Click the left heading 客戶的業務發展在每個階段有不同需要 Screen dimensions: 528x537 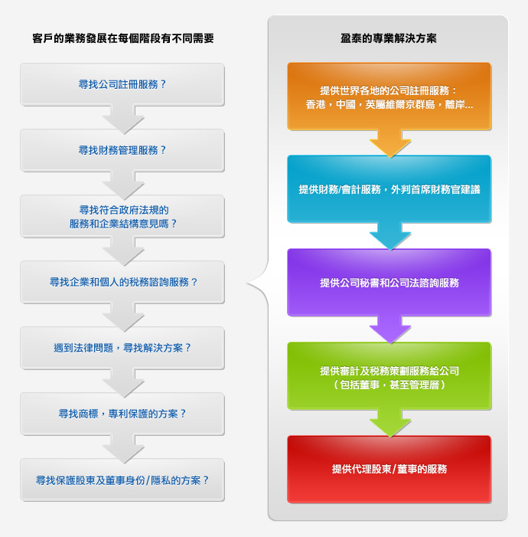pyautogui.click(x=123, y=38)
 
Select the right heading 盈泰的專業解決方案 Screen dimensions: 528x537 pyautogui.click(x=389, y=38)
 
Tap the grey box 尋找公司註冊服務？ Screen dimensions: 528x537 pyautogui.click(x=122, y=84)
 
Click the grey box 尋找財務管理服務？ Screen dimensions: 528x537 pyautogui.click(x=122, y=150)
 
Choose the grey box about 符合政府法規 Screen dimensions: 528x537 pyautogui.click(x=122, y=217)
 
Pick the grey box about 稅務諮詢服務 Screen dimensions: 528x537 pyautogui.click(x=122, y=282)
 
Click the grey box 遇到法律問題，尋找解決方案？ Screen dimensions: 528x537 pyautogui.click(x=122, y=348)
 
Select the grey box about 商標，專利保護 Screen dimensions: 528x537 pyautogui.click(x=122, y=414)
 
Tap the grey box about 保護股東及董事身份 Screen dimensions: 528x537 pyautogui.click(x=122, y=480)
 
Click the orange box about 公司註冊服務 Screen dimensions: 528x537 pyautogui.click(x=389, y=97)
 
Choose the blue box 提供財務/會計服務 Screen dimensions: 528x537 pyautogui.click(x=389, y=189)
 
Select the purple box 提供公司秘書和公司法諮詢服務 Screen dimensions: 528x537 pyautogui.click(x=389, y=283)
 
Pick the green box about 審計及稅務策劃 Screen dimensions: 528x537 pyautogui.click(x=389, y=376)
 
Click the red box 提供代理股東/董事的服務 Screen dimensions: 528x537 pyautogui.click(x=389, y=469)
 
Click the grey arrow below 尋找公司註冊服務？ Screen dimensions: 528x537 pyautogui.click(x=123, y=120)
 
